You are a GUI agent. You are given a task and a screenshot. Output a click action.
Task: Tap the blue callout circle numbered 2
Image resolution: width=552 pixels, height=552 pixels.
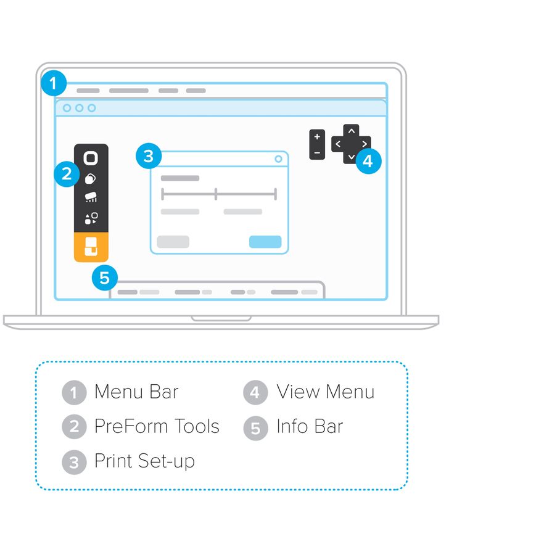click(x=67, y=175)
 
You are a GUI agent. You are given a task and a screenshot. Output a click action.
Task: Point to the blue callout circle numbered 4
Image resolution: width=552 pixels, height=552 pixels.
click(x=368, y=162)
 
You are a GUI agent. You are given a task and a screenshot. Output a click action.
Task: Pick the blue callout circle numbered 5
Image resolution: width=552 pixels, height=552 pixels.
click(x=104, y=278)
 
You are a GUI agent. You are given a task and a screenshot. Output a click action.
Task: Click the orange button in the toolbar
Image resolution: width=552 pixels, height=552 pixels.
click(x=91, y=246)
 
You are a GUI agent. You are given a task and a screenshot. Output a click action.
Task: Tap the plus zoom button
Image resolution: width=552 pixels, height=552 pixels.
click(x=317, y=137)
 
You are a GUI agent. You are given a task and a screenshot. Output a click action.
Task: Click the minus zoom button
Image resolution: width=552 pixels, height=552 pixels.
click(x=317, y=152)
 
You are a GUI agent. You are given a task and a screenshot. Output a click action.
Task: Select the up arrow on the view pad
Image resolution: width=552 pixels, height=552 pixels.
click(x=351, y=131)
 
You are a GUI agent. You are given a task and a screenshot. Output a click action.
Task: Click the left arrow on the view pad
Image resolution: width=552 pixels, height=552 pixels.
click(x=337, y=144)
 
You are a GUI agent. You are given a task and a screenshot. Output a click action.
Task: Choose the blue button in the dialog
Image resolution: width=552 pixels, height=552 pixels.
click(x=265, y=242)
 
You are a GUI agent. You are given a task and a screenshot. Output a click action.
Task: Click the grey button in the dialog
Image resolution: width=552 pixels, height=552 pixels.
click(x=173, y=242)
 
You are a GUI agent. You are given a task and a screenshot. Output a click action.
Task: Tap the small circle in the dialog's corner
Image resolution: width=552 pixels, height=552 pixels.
click(x=278, y=159)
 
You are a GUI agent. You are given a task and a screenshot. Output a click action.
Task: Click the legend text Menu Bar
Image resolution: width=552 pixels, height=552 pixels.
click(x=136, y=392)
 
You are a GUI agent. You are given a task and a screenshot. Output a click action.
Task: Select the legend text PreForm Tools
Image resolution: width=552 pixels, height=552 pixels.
click(x=157, y=427)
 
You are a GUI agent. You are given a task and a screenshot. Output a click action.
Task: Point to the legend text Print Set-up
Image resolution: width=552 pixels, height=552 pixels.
click(x=144, y=461)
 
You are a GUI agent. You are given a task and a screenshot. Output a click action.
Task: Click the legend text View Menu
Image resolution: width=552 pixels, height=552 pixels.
click(x=325, y=392)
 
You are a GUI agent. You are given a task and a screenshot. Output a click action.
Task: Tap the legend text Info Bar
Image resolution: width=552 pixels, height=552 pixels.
click(x=310, y=427)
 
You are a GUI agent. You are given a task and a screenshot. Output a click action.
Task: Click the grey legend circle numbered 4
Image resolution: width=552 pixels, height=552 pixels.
click(x=255, y=393)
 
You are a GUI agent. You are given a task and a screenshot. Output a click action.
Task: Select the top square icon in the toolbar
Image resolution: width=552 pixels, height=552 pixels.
click(x=91, y=158)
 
